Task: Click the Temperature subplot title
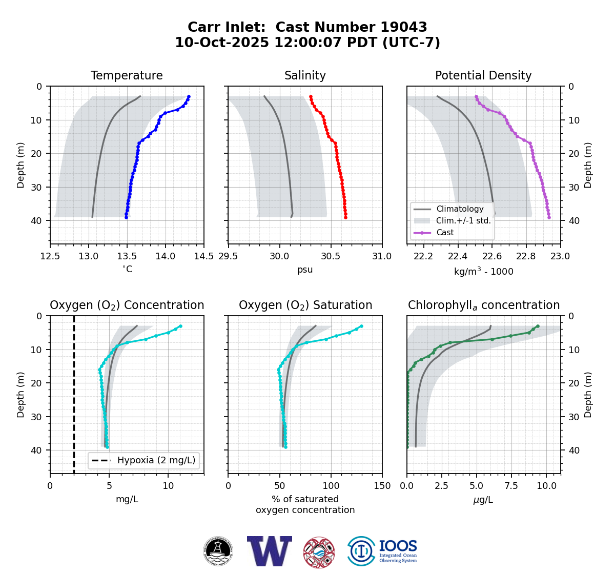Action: click(x=127, y=76)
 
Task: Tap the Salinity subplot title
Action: click(x=305, y=76)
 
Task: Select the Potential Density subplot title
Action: click(x=483, y=76)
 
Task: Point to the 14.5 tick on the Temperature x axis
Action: click(x=203, y=256)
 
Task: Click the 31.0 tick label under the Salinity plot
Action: click(x=382, y=256)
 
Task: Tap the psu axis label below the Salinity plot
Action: click(x=305, y=270)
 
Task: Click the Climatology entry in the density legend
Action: click(x=460, y=209)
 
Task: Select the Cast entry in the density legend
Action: click(x=445, y=233)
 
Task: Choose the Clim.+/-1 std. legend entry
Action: click(x=463, y=221)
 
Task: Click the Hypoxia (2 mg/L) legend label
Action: click(x=156, y=460)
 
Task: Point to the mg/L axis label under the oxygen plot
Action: click(x=127, y=499)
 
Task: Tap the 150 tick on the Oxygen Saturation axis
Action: click(x=382, y=485)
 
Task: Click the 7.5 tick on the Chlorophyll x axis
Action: click(x=511, y=485)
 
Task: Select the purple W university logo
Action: click(x=269, y=551)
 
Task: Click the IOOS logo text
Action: click(x=398, y=547)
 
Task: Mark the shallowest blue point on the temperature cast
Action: click(x=189, y=96)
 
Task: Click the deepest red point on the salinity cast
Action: click(x=345, y=217)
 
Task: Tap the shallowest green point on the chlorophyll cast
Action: click(x=538, y=326)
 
